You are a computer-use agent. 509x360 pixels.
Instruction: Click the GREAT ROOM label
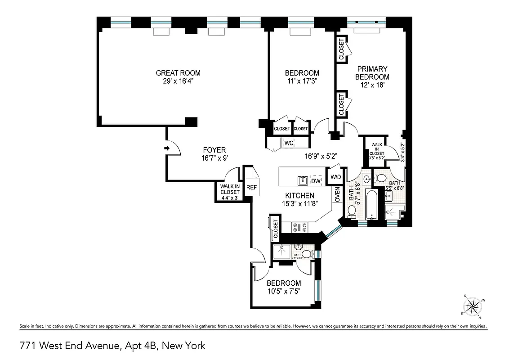tap(178, 73)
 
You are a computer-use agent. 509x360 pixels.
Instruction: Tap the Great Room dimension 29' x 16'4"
tap(178, 81)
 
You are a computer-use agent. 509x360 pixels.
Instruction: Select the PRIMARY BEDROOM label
tap(372, 73)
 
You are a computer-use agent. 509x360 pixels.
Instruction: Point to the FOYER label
tap(214, 150)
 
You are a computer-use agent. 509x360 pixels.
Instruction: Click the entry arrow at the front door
tap(167, 148)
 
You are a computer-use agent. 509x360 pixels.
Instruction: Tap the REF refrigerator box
tap(251, 187)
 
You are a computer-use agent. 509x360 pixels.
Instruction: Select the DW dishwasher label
tap(316, 181)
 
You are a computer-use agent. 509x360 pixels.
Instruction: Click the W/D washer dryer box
tap(335, 176)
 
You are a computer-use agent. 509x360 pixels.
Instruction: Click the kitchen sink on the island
tap(303, 180)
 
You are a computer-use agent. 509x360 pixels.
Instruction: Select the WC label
tap(289, 143)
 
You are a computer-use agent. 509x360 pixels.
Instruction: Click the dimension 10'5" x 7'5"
tap(283, 291)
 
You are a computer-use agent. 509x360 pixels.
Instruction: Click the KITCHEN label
tap(299, 195)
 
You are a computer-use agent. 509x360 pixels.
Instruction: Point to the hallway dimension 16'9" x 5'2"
tap(321, 157)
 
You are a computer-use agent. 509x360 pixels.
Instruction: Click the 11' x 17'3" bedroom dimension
tap(302, 81)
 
